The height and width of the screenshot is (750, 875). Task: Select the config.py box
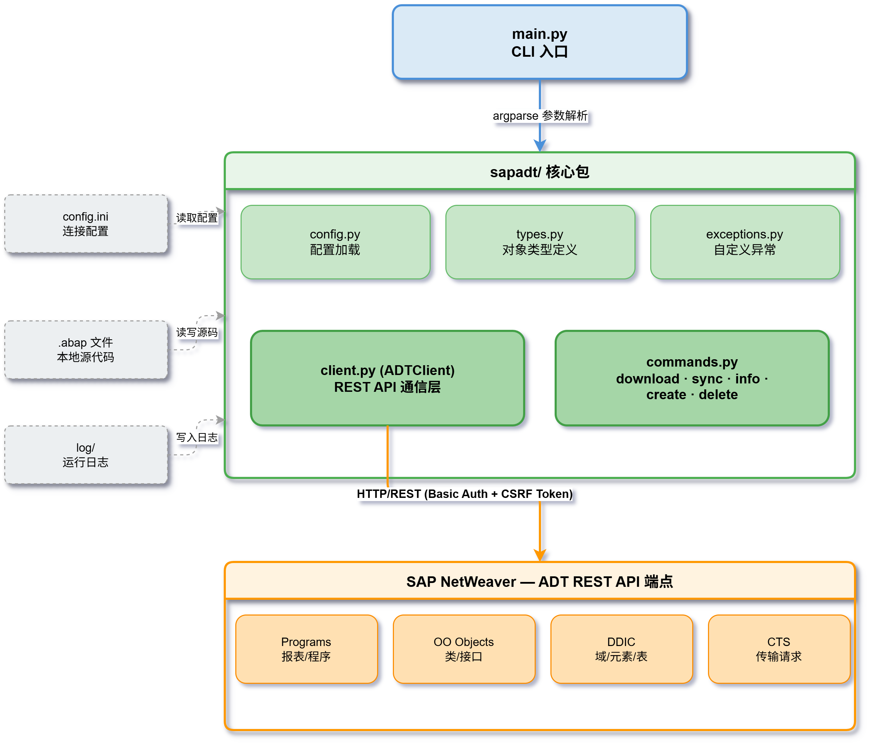[x=335, y=242]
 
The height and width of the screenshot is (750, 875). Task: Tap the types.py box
[x=540, y=242]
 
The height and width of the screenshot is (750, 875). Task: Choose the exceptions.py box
[x=745, y=242]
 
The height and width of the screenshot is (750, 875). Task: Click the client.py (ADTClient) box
[x=387, y=378]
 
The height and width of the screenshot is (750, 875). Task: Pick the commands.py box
[x=692, y=378]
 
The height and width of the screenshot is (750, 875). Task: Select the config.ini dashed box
[x=86, y=224]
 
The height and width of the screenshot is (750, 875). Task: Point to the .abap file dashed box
[x=86, y=350]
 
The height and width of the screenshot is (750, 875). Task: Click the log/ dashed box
[x=86, y=455]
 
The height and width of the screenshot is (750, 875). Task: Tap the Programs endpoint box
[x=306, y=649]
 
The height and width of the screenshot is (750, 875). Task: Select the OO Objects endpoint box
[x=464, y=649]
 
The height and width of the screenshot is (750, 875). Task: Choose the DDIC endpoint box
[x=621, y=649]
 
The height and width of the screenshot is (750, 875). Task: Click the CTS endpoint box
[x=779, y=649]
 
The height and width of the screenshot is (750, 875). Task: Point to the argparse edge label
[x=540, y=115]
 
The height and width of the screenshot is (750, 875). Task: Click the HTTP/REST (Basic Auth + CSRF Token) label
[x=465, y=494]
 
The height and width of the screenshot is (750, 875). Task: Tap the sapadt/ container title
[x=540, y=172]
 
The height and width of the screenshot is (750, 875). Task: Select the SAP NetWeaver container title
[x=540, y=582]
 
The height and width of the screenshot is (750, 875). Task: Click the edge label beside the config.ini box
[x=197, y=218]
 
